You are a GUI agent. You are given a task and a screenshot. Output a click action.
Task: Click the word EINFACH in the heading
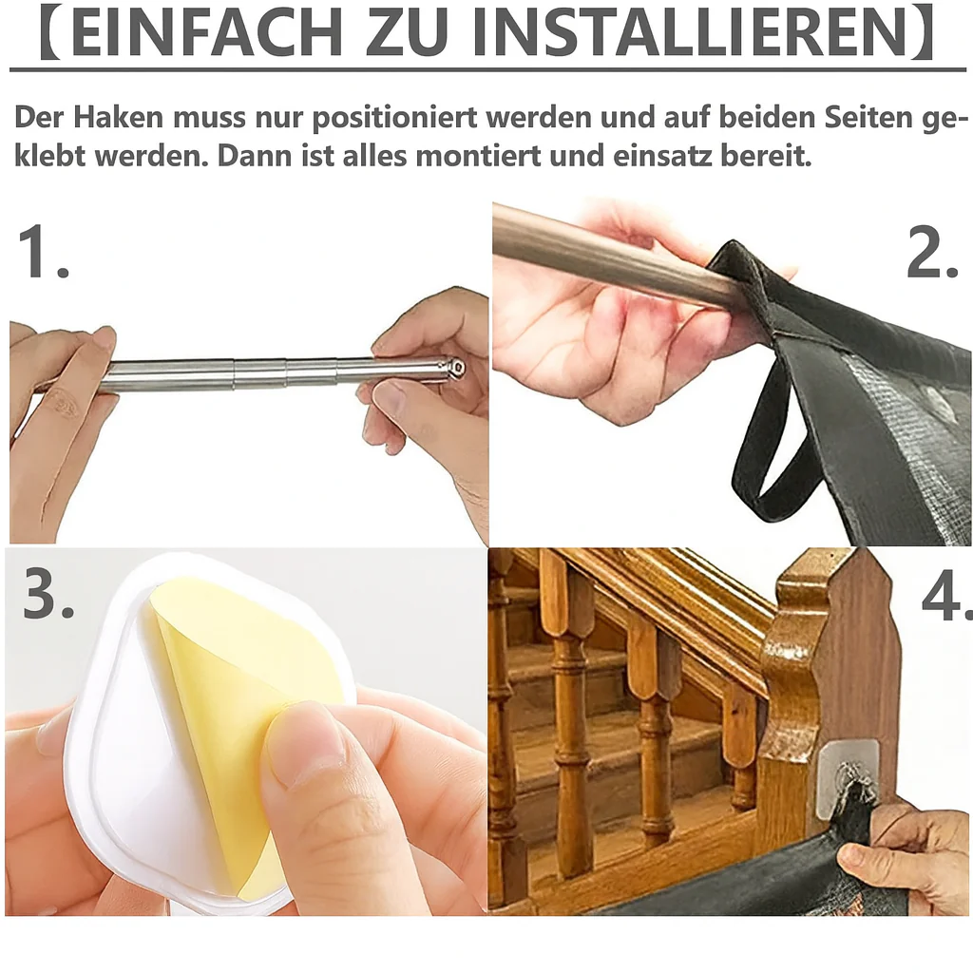(207, 32)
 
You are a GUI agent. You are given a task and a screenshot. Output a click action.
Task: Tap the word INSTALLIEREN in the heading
(690, 32)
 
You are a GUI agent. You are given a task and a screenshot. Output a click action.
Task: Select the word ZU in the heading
(407, 32)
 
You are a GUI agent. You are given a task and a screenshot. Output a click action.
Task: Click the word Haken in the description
(119, 117)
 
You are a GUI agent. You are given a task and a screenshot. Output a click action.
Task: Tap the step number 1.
(42, 252)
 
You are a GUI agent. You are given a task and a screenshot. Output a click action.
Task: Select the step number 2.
(932, 252)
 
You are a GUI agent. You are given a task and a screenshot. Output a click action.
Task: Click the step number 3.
(48, 592)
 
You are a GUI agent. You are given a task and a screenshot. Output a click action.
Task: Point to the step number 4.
(946, 597)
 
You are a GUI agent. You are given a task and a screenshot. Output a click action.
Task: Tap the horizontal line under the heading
(487, 68)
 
